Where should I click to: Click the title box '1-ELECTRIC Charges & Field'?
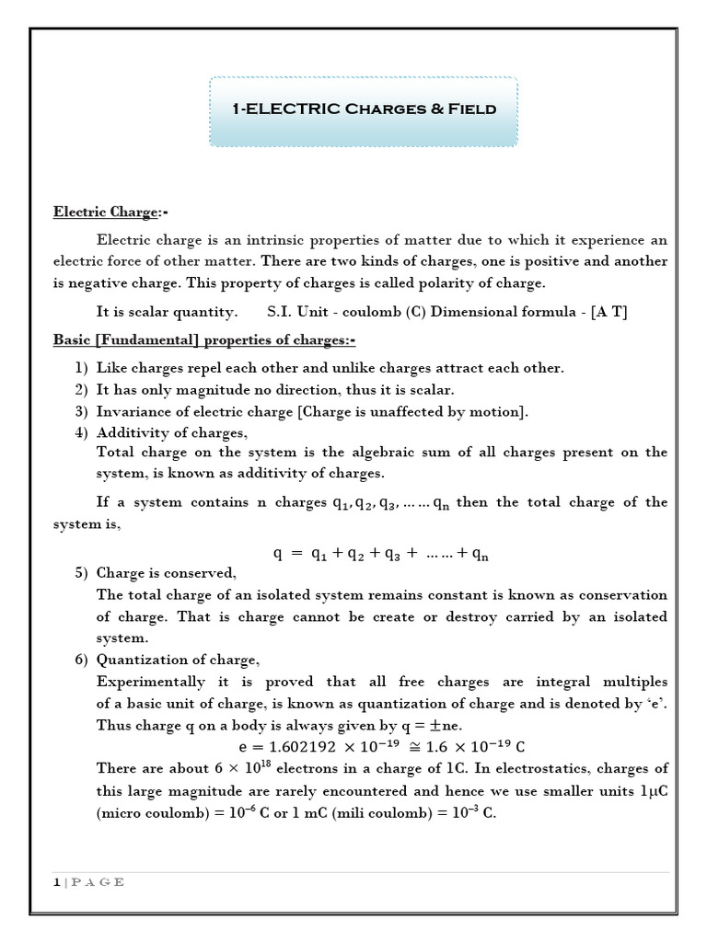(364, 109)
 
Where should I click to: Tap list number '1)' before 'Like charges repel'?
(81, 368)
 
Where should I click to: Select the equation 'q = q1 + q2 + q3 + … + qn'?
(381, 553)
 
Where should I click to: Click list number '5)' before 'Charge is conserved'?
(81, 572)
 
